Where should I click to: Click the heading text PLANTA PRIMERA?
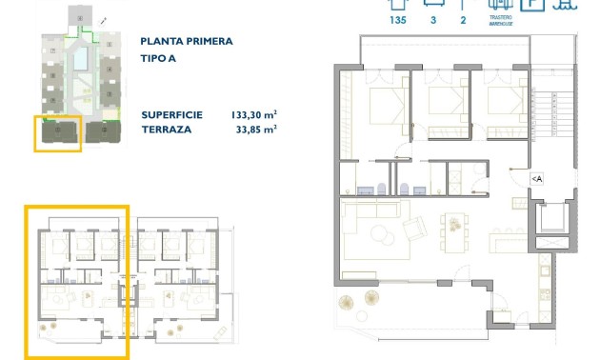click(186, 41)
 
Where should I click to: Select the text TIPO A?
click(158, 57)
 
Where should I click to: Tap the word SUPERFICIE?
click(171, 114)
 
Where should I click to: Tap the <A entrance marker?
click(536, 179)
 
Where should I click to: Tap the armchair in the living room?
click(416, 230)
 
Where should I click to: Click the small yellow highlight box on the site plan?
click(57, 133)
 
